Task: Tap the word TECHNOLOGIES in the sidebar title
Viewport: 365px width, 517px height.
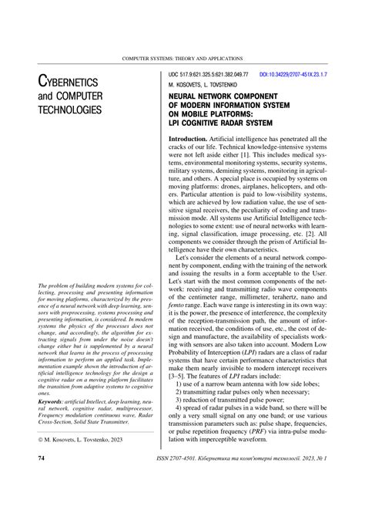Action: [69, 110]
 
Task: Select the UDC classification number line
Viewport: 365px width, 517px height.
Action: [205, 74]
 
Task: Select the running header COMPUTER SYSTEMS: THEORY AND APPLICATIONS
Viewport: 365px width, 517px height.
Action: [182, 59]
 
